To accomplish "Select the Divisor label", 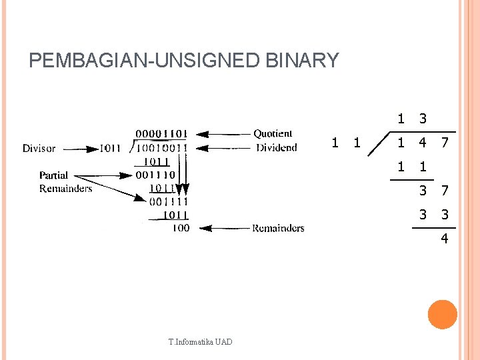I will (39, 148).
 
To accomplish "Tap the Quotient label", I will (273, 134).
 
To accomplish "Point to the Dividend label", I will (277, 147).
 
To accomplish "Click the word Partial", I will (53, 175).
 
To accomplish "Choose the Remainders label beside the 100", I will (278, 228).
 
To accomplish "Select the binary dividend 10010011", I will (162, 148).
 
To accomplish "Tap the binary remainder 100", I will (180, 228).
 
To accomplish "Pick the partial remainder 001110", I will (154, 175).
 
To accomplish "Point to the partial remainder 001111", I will (169, 201).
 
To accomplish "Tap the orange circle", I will (442, 315).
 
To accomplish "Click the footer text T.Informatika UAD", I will (200, 342).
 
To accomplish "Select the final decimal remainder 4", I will (444, 238).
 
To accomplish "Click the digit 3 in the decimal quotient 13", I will (422, 119).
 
